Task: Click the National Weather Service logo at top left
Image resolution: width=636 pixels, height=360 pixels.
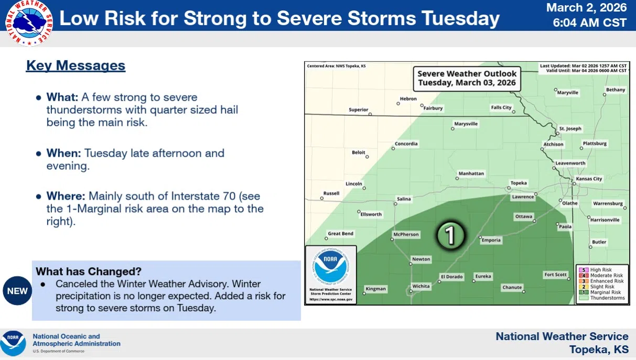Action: tap(29, 23)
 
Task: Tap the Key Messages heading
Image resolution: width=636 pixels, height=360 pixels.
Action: tap(76, 66)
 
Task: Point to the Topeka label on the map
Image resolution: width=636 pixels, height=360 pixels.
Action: tap(519, 183)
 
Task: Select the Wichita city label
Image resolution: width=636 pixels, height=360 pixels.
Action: tap(421, 286)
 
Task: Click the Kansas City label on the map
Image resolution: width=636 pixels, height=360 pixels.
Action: tap(589, 179)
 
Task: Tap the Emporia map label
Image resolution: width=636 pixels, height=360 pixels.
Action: tap(491, 240)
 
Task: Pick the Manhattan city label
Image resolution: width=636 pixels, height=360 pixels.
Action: tap(471, 173)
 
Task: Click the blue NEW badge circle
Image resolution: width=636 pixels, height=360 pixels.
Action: tap(17, 291)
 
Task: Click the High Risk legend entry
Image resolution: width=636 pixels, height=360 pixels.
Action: tap(601, 270)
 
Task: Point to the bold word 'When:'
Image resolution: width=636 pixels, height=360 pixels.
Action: tap(63, 154)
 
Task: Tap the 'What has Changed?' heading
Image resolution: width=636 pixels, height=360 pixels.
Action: tap(89, 271)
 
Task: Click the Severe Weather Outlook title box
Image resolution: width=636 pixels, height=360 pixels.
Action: tap(467, 78)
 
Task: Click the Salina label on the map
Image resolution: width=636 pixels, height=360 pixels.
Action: tap(404, 199)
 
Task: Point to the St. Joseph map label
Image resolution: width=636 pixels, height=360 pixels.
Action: tap(570, 128)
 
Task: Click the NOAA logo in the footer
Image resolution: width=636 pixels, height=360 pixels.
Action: tap(13, 343)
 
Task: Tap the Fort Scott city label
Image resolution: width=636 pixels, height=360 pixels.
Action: tap(555, 275)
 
